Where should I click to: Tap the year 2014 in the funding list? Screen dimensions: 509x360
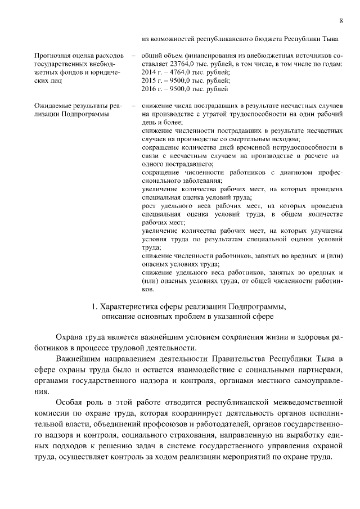[148, 73]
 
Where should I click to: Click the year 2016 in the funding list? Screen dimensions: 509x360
[148, 89]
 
